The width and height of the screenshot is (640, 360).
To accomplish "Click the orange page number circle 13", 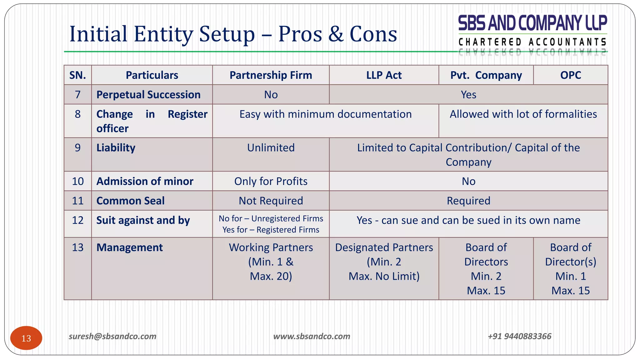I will (x=26, y=338).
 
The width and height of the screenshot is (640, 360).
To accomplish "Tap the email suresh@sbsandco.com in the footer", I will (x=112, y=336).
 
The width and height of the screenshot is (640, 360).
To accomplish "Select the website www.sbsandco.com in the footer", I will (x=312, y=336).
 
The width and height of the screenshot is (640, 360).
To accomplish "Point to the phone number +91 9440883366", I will (x=520, y=336).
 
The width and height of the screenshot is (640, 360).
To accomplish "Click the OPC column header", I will (x=571, y=75).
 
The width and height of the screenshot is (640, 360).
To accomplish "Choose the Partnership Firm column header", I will (x=271, y=75).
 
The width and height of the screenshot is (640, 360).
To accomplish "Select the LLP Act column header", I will (x=384, y=75).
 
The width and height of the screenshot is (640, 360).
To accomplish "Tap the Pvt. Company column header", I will (x=486, y=75).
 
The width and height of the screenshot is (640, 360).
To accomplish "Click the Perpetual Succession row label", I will (x=148, y=95).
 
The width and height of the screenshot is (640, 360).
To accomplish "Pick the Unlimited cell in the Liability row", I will (x=271, y=148).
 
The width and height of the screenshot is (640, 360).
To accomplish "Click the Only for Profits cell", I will (x=271, y=181).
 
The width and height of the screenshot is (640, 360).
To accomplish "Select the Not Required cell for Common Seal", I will (x=271, y=201).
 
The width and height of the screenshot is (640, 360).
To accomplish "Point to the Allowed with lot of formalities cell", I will (x=523, y=114).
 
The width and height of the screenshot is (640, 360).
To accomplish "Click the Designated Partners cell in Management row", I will (x=384, y=262).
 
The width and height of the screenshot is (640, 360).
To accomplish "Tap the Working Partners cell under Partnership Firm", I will (x=271, y=262).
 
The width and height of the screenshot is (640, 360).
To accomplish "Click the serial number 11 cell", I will (x=78, y=201).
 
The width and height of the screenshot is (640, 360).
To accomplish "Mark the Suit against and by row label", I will (x=143, y=220).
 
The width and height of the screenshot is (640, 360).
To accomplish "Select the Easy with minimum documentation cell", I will (x=325, y=114).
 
